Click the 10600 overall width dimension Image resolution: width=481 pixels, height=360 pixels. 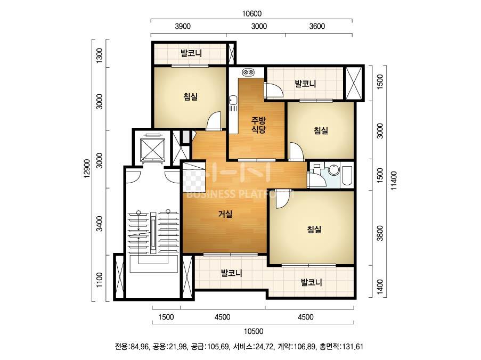point(251,14)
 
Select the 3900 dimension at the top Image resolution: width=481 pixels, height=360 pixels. point(183,27)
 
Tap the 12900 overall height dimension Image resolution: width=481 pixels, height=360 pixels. point(87,168)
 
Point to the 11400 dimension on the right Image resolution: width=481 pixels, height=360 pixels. point(394,181)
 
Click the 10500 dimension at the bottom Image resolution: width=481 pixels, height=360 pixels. point(254,331)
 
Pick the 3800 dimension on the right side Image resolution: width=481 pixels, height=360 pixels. point(380,233)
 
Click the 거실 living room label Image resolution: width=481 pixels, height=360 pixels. point(225,214)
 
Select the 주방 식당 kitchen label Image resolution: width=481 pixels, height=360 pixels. point(258,125)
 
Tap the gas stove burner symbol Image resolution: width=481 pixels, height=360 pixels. point(248,72)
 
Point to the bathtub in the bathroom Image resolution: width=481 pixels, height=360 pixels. point(346,175)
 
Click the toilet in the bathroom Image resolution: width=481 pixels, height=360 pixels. point(316,167)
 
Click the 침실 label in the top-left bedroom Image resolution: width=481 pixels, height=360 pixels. point(191,97)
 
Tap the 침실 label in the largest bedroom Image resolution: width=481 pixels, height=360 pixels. point(314,229)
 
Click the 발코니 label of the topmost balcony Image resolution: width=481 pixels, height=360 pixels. point(191,53)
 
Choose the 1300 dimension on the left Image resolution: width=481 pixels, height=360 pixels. point(100,55)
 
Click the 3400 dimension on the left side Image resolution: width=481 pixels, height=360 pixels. point(100,224)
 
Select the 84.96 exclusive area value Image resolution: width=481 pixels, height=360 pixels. point(140,347)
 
